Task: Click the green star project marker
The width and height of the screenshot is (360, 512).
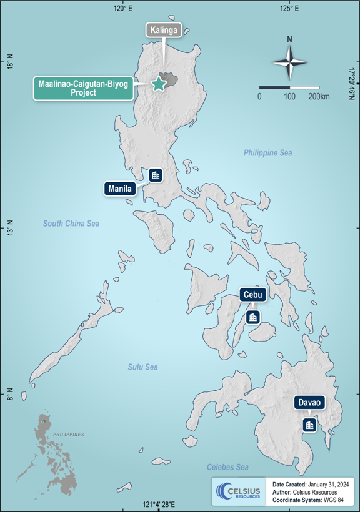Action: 159,83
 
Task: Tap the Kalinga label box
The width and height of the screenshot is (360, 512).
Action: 163,30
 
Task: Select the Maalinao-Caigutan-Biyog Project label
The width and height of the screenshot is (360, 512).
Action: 83,88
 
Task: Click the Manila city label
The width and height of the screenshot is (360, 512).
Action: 120,188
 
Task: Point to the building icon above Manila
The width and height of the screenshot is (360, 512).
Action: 156,175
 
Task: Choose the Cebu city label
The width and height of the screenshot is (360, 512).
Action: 254,295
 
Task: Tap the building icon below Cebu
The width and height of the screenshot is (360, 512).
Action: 253,317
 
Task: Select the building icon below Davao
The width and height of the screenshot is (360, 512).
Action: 309,425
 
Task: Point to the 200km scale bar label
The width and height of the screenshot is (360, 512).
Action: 318,97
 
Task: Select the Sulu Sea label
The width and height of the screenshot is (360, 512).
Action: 142,367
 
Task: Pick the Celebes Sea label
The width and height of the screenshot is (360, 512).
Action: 227,467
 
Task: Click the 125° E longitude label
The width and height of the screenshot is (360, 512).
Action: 288,8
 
